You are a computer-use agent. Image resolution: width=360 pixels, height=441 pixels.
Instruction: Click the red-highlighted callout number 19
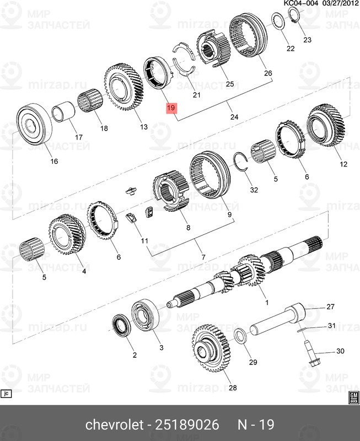(171, 108)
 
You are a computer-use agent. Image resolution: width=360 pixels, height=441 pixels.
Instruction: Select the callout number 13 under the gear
(143, 127)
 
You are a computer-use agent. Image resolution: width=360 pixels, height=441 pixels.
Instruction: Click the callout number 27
(331, 306)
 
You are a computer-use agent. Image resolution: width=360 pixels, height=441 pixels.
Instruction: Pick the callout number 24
(234, 117)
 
